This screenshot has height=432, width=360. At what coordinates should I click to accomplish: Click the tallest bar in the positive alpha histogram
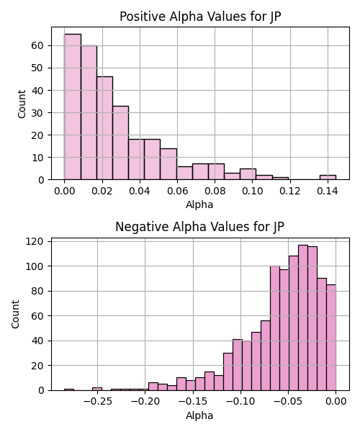click(x=73, y=107)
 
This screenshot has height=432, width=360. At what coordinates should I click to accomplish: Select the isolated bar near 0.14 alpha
click(x=328, y=177)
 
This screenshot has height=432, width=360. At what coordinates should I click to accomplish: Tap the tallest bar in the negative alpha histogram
click(x=303, y=318)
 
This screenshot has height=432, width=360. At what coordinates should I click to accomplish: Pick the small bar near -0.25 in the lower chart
click(x=97, y=389)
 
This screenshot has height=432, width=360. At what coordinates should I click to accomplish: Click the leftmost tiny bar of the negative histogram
click(x=69, y=390)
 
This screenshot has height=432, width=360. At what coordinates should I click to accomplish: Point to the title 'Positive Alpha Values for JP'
click(x=200, y=17)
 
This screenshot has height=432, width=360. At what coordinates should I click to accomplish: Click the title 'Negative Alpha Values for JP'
click(x=199, y=227)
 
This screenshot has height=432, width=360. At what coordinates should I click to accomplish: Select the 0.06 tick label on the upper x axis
click(x=177, y=191)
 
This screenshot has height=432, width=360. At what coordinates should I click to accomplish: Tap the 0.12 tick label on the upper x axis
click(x=289, y=191)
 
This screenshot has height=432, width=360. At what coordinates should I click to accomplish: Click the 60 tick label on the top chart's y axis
click(x=37, y=45)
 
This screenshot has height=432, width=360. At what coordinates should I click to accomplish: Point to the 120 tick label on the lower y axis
click(x=35, y=241)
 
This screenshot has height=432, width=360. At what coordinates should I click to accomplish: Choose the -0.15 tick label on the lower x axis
click(x=193, y=402)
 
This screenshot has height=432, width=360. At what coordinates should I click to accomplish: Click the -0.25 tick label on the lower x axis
click(x=97, y=402)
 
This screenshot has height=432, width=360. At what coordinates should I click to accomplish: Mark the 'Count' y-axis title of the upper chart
click(x=22, y=104)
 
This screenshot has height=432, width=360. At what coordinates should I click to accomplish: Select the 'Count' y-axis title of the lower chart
click(x=15, y=315)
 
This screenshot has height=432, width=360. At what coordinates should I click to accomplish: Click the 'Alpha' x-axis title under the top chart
click(x=199, y=204)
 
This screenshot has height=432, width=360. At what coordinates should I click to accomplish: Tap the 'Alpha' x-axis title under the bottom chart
click(x=199, y=415)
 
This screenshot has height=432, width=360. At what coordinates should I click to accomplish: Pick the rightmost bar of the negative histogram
click(x=331, y=338)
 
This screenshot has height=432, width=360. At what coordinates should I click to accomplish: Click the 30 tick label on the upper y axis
click(x=37, y=113)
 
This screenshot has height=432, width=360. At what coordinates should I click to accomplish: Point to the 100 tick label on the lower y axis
click(x=35, y=266)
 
